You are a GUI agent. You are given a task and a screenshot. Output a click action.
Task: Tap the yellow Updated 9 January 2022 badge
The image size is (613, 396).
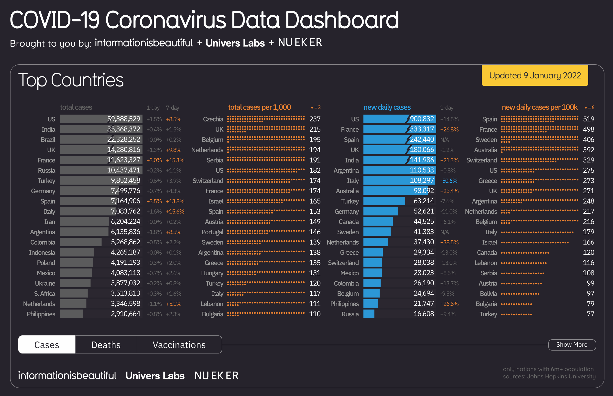(535, 75)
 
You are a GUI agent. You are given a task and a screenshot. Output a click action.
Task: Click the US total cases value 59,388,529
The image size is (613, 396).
(124, 119)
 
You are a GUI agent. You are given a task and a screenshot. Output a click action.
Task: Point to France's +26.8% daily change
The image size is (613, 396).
(449, 129)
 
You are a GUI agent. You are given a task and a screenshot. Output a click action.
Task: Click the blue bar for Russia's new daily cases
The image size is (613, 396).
(369, 314)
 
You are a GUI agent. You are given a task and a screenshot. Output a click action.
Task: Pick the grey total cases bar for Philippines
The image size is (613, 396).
(72, 314)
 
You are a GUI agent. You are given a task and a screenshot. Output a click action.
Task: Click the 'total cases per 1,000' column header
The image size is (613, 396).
(260, 107)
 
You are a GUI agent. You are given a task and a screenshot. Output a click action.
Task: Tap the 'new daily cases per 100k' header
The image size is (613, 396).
(540, 107)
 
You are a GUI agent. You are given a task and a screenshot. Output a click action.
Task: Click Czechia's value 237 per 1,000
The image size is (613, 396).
(315, 119)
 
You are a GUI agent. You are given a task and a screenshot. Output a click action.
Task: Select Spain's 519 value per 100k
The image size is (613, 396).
(589, 119)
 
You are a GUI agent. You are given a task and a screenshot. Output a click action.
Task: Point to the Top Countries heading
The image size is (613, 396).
(71, 80)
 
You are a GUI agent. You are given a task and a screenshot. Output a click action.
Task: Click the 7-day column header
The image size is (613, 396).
(173, 108)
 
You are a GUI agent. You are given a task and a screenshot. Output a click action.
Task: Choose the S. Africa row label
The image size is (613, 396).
(45, 294)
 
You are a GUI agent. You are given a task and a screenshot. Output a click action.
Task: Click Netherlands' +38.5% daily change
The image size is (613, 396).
(449, 242)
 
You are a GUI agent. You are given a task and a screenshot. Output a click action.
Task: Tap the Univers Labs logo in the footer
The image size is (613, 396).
(155, 376)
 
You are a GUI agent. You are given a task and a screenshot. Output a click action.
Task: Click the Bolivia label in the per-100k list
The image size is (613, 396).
(489, 294)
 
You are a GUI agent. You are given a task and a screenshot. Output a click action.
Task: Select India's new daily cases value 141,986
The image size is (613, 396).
(422, 160)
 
